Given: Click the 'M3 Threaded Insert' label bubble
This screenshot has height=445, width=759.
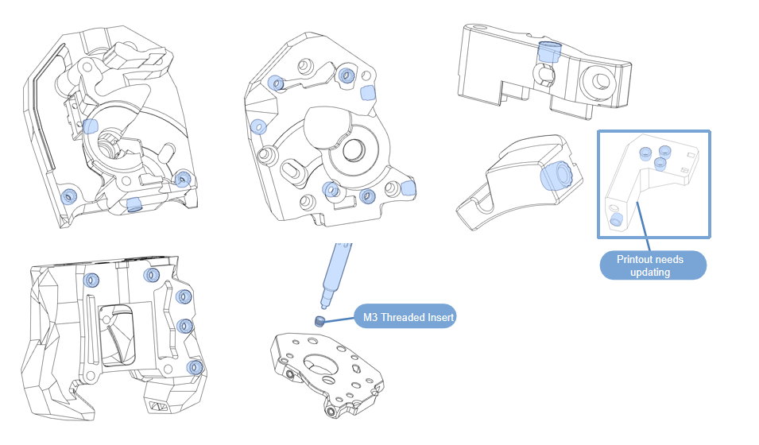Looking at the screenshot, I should point(405,318).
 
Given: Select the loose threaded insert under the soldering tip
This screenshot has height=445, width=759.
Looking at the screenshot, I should point(319,322).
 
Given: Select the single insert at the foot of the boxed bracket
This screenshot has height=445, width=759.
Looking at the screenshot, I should point(615,219).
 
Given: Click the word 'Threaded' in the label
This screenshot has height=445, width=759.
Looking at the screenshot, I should point(404,318).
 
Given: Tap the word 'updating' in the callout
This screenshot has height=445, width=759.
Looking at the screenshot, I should point(649,273).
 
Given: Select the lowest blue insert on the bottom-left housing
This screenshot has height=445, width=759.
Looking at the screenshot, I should point(193,367).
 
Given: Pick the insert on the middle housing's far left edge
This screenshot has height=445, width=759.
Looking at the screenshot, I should point(258,126).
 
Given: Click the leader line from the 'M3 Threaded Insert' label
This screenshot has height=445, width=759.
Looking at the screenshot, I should point(339,320).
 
